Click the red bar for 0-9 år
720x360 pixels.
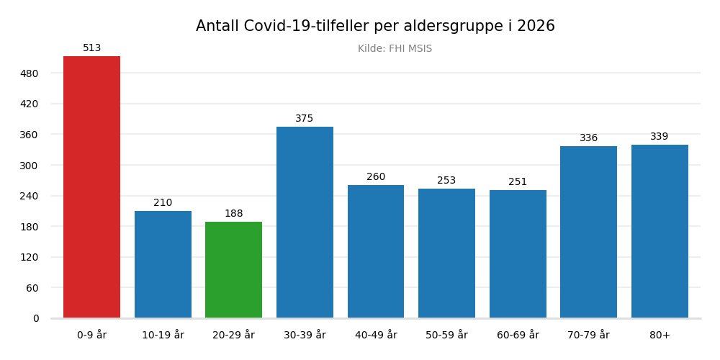pyautogui.click(x=91, y=187)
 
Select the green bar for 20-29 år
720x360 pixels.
pyautogui.click(x=233, y=270)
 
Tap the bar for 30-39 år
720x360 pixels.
pyautogui.click(x=305, y=222)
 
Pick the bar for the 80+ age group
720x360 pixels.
pyautogui.click(x=660, y=231)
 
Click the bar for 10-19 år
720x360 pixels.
pyautogui.click(x=163, y=264)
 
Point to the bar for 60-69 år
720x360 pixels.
pyautogui.click(x=518, y=254)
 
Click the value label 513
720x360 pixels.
pyautogui.click(x=91, y=48)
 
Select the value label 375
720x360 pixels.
pyautogui.click(x=305, y=119)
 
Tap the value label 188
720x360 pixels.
pyautogui.click(x=233, y=214)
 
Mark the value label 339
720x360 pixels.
pyautogui.click(x=660, y=137)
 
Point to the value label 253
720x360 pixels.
pyautogui.click(x=446, y=181)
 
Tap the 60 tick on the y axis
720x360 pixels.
pyautogui.click(x=32, y=288)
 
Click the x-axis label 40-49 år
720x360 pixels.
pyautogui.click(x=375, y=336)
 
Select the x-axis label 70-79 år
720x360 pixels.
pyautogui.click(x=588, y=336)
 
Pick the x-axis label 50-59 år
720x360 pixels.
pyautogui.click(x=446, y=336)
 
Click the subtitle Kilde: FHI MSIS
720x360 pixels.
pyautogui.click(x=395, y=49)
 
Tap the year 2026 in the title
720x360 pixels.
pyautogui.click(x=536, y=27)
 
